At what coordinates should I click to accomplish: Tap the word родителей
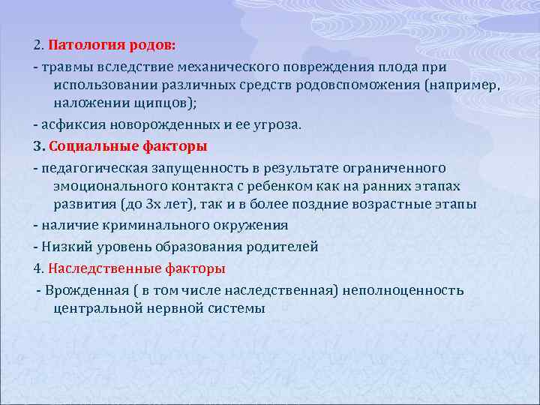(x=280, y=247)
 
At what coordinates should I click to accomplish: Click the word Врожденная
(x=80, y=289)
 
